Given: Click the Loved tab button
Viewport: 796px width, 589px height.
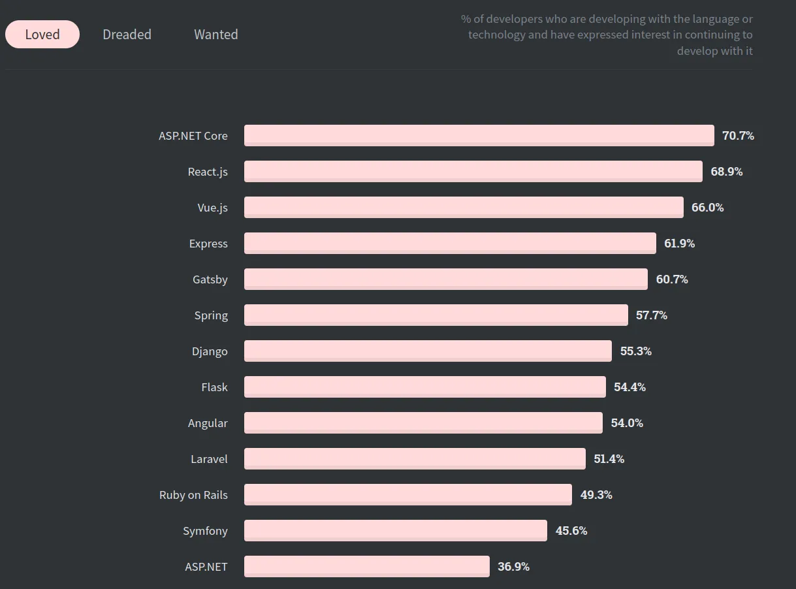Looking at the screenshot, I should pos(42,35).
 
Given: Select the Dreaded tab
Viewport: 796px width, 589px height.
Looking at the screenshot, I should pos(127,35).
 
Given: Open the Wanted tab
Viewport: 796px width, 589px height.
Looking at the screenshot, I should pos(215,35).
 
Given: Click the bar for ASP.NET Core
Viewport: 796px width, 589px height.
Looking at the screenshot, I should pos(479,135).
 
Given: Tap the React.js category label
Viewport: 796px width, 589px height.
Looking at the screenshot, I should pos(208,172).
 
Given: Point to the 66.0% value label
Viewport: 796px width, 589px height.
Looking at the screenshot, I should pos(707,208).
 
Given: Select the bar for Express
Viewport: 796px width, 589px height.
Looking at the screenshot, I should pos(450,243).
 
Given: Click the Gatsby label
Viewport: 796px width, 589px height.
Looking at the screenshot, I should pos(210,279).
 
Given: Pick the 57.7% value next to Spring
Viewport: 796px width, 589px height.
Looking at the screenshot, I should pos(651,315).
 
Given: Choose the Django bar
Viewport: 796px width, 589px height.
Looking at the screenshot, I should pos(428,351).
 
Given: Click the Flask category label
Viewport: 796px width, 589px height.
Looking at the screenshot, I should pos(214,387).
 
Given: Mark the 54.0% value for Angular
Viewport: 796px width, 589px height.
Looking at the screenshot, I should pos(627,423).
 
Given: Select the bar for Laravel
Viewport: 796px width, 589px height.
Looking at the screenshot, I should pos(415,458).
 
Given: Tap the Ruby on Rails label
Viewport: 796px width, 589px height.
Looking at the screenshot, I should pos(193,495).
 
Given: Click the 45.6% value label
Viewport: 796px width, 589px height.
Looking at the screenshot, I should pos(571,531).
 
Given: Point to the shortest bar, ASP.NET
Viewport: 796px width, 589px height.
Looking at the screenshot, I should pos(366,566).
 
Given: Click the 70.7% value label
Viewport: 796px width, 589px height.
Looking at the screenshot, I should pos(738,136).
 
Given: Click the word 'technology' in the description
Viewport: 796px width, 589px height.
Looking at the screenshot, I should pos(496,35).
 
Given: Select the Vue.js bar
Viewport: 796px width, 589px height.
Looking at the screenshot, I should pos(464,207).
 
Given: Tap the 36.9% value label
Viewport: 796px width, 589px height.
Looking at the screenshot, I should pos(513,567).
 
